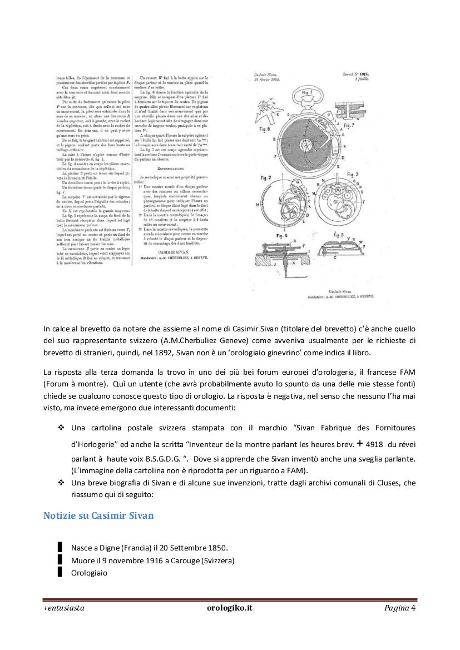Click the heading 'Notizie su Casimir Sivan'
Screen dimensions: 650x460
coord(98,515)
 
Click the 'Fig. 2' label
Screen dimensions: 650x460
coord(266,178)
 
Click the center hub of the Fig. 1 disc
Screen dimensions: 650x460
coord(306,146)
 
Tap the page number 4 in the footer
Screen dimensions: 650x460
coord(413,608)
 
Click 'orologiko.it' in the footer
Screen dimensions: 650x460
coord(229,608)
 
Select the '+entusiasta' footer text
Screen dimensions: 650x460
coord(64,608)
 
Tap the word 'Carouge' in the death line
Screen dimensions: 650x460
coord(185,560)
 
